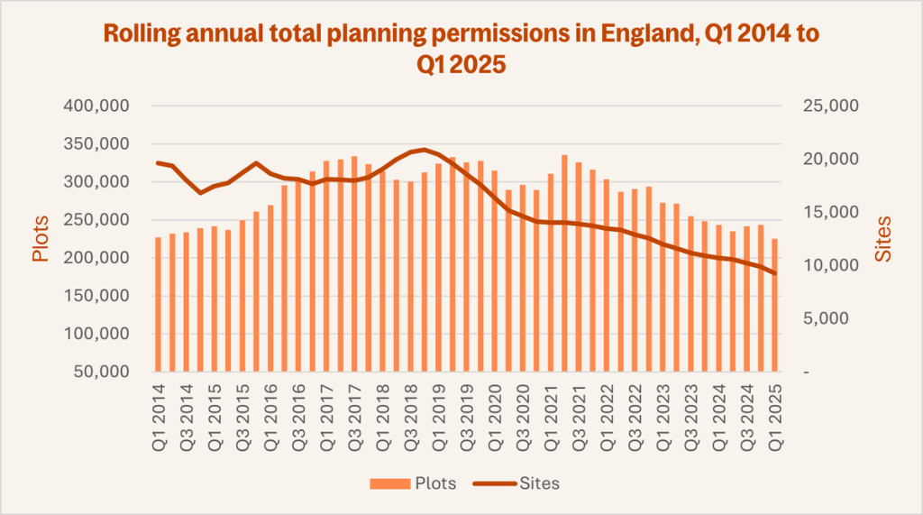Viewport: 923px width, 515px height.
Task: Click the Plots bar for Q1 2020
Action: click(494, 271)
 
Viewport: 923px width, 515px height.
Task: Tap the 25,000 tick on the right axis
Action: click(827, 106)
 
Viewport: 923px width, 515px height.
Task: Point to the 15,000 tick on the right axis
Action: click(827, 213)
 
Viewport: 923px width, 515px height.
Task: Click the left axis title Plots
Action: click(41, 239)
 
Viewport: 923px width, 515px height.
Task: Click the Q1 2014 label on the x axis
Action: click(159, 405)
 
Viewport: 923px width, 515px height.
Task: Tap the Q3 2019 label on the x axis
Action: click(466, 405)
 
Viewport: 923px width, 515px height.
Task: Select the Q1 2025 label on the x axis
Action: click(774, 405)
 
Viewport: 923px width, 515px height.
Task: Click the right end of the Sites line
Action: click(774, 273)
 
